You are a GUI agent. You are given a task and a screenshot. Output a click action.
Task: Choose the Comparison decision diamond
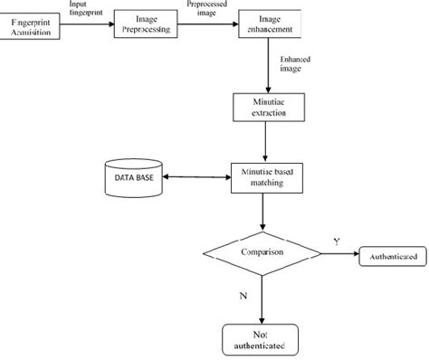263,253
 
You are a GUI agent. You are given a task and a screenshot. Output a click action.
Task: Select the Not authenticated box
262,338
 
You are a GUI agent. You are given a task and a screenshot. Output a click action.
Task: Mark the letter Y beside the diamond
337,242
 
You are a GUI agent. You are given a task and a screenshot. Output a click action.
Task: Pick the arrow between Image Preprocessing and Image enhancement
209,26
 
